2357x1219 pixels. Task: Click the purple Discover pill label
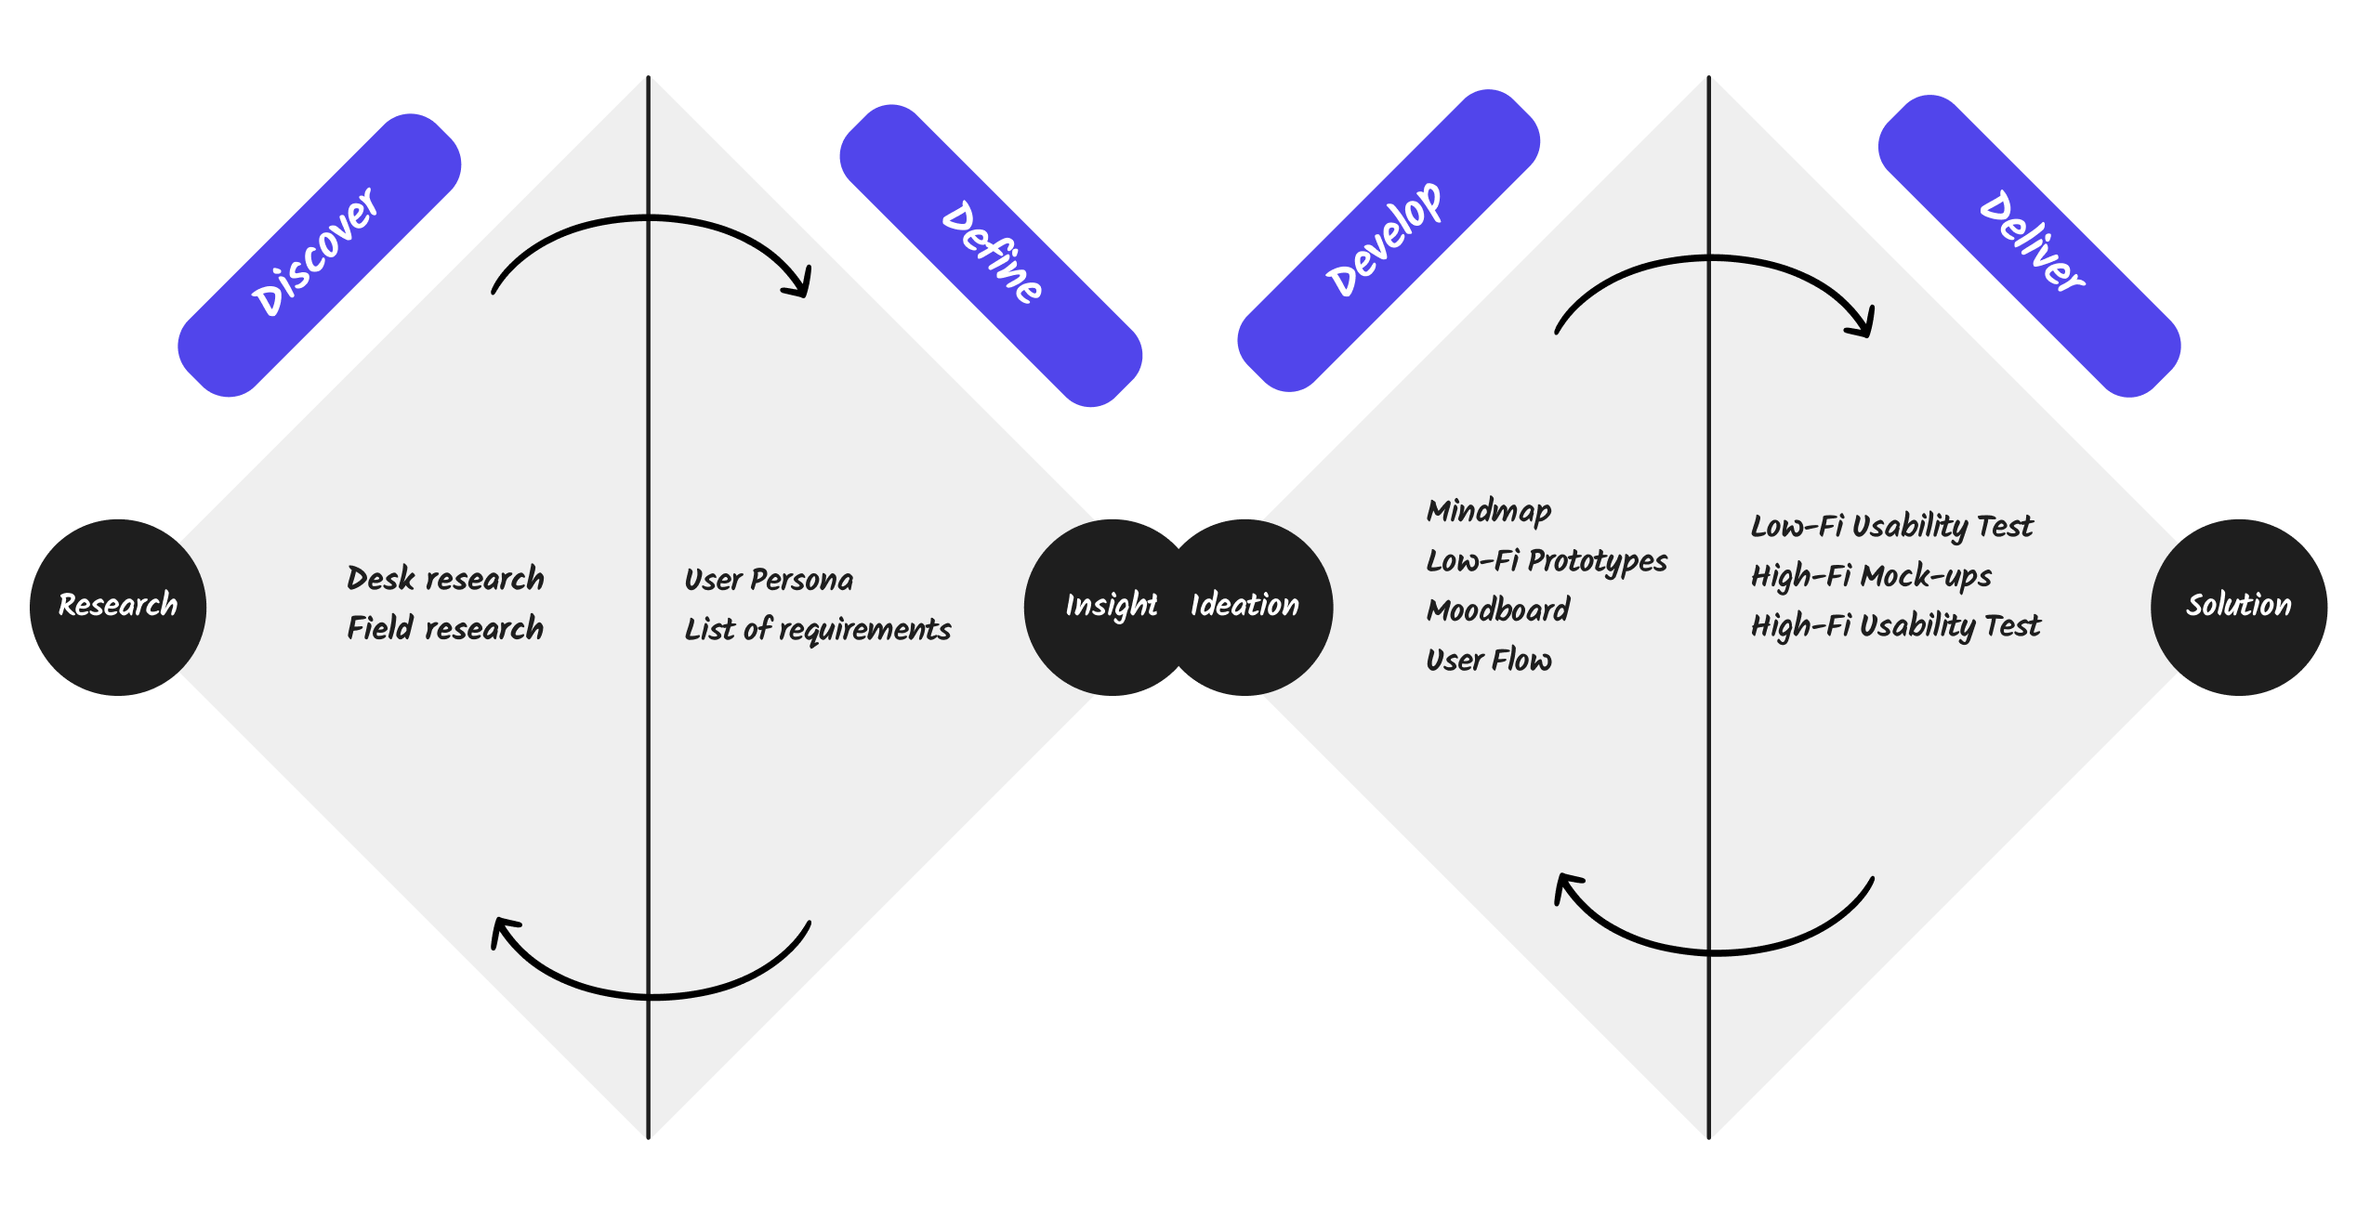[320, 256]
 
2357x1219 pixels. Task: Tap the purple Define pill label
[991, 256]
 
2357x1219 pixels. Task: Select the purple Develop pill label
[1389, 241]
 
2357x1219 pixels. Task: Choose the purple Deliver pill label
[2030, 246]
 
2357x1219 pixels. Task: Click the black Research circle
[118, 607]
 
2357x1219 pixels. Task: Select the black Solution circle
[2239, 607]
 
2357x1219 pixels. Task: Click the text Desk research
[445, 579]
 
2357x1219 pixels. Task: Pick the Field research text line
[445, 628]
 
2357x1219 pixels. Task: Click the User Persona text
[769, 580]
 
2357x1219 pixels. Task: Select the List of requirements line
[818, 630]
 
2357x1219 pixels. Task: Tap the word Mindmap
[1489, 511]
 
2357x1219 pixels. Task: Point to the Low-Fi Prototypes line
[1547, 561]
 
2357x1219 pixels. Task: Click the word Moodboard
[1498, 610]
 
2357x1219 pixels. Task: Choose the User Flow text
[1489, 661]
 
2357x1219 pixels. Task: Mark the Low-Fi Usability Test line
[1892, 527]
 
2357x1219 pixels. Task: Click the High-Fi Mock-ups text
[1871, 577]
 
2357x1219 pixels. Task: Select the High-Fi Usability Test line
[1896, 626]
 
